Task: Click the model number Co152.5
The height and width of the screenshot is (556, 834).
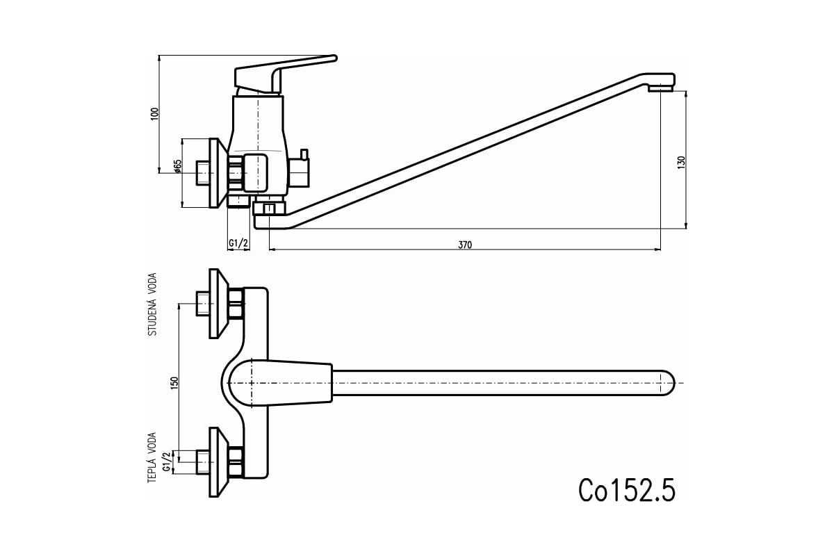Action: click(627, 490)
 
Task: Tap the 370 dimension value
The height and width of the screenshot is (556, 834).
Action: click(465, 245)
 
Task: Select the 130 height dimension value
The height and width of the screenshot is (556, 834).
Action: click(681, 163)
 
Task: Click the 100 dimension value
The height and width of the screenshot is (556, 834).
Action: click(155, 113)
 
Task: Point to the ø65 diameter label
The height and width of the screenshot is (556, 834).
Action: click(177, 166)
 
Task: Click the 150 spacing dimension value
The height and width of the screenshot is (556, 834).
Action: click(174, 383)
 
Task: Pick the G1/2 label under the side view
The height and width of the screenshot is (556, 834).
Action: click(238, 243)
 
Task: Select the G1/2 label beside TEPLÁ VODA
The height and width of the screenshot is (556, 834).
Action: click(167, 461)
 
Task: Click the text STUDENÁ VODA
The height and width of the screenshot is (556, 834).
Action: click(153, 304)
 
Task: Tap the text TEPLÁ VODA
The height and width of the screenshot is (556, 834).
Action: click(152, 458)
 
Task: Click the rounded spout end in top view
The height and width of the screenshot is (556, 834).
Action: click(667, 383)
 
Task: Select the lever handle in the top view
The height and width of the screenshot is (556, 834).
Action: click(280, 382)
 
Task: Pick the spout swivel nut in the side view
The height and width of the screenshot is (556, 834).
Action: click(269, 208)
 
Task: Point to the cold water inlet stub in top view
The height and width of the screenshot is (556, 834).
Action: click(202, 304)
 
